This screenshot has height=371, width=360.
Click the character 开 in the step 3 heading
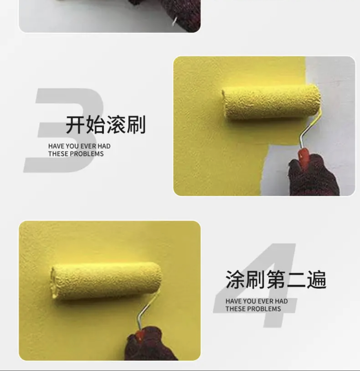75,124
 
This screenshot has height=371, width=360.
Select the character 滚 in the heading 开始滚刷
115,124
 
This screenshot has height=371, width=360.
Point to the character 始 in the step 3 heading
95,124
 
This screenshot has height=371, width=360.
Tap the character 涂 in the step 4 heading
235,280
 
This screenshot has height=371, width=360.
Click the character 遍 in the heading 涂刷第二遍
316,280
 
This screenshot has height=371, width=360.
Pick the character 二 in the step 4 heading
296,280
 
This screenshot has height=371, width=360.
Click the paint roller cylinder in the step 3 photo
271,103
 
